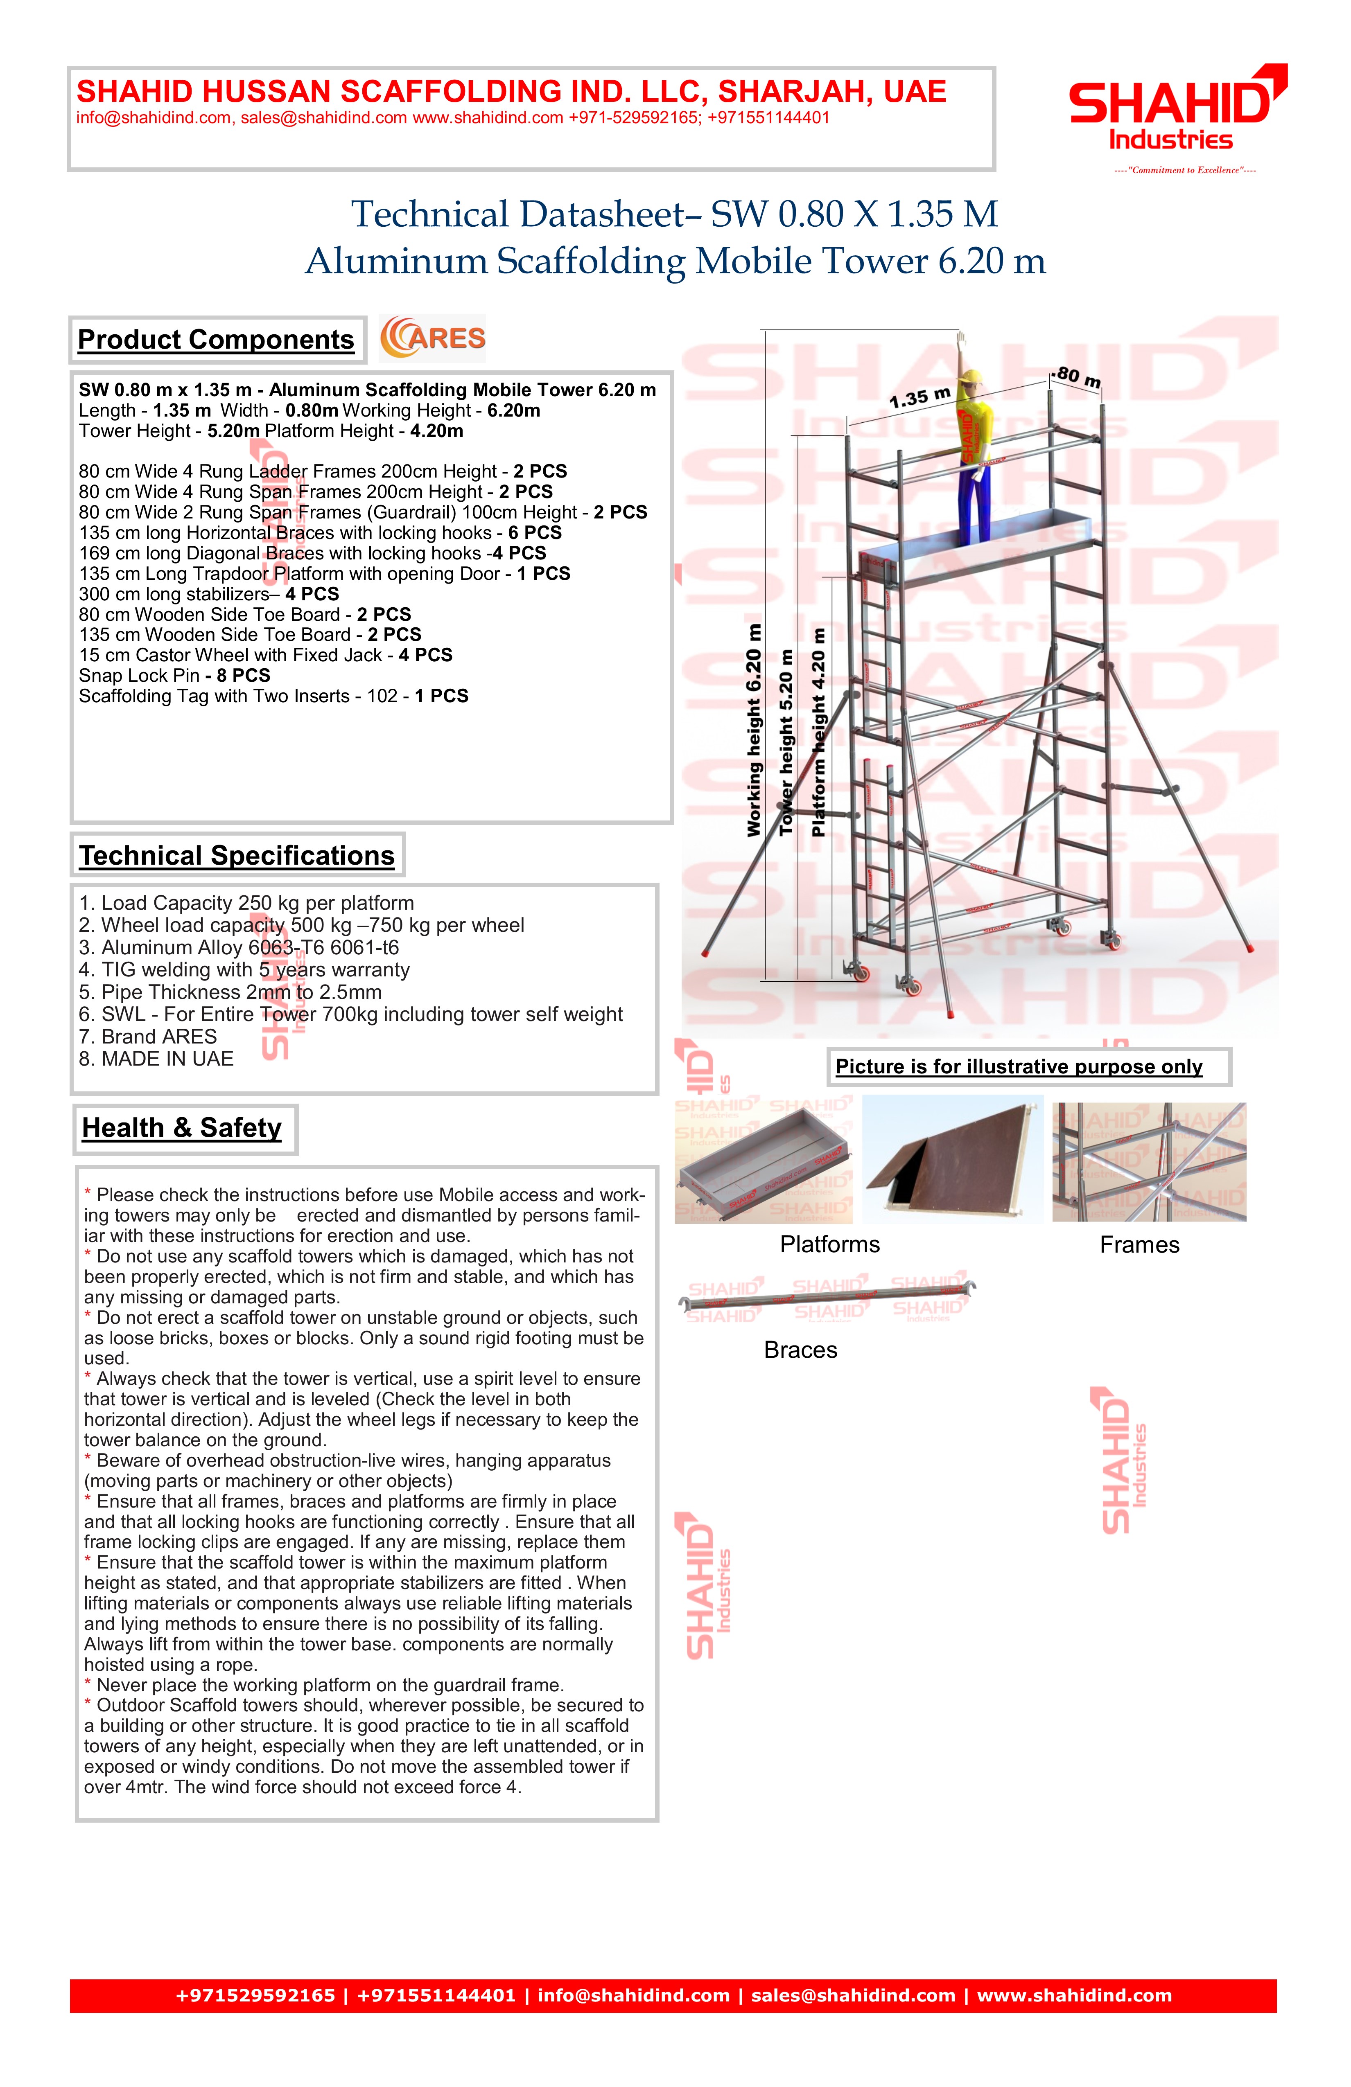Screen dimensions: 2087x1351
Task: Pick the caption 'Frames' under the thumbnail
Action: (1140, 1245)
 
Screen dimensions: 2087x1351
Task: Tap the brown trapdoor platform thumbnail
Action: (953, 1159)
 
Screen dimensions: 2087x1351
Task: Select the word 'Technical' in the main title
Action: (430, 215)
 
